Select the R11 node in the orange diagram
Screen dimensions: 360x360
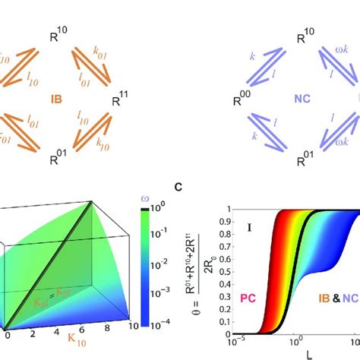[x=119, y=97]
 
